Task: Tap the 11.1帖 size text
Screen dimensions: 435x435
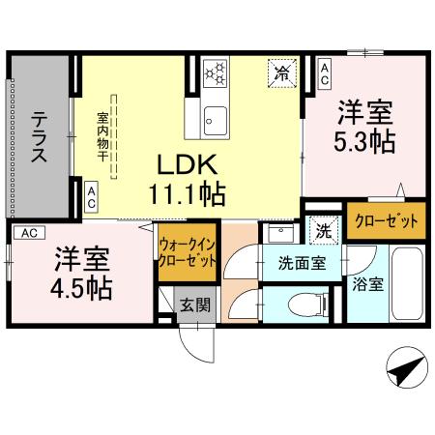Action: click(188, 192)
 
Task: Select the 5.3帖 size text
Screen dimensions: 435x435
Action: click(363, 142)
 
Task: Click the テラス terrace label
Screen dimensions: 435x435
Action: click(40, 139)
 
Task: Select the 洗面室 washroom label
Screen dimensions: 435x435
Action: click(302, 261)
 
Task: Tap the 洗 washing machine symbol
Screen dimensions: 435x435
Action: click(322, 231)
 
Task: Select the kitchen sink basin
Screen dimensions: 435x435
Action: click(215, 120)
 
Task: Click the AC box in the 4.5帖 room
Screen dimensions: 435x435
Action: click(29, 233)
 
